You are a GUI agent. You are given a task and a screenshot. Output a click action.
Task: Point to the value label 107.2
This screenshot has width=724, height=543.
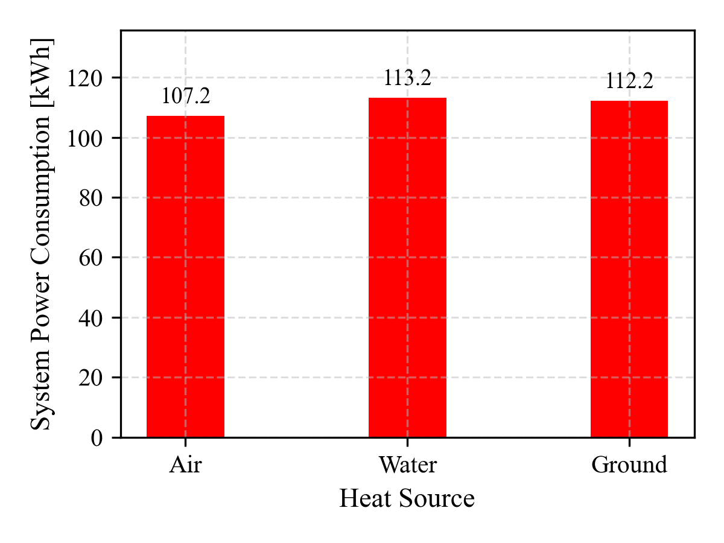click(x=185, y=96)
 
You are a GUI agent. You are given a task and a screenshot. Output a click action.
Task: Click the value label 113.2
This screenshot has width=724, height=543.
click(x=407, y=78)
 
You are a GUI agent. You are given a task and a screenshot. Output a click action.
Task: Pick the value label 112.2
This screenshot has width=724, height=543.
click(x=629, y=81)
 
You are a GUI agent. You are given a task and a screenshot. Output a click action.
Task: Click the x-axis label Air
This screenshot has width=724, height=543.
click(x=185, y=465)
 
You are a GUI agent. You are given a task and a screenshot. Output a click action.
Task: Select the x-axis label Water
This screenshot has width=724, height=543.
click(x=407, y=465)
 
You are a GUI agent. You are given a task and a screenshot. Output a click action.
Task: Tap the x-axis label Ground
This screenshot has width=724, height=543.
click(x=629, y=465)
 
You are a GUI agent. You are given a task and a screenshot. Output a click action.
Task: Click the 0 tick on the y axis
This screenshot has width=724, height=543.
click(x=97, y=437)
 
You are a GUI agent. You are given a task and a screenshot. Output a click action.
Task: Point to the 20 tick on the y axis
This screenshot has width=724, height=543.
click(x=91, y=378)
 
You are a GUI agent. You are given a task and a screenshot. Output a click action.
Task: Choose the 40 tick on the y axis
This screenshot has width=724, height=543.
click(x=91, y=318)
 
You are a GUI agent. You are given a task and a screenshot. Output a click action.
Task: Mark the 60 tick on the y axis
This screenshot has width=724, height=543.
click(x=91, y=258)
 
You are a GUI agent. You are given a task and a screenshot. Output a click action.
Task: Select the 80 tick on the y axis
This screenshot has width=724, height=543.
click(x=91, y=198)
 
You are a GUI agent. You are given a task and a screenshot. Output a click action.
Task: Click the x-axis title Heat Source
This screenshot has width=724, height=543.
click(x=407, y=499)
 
